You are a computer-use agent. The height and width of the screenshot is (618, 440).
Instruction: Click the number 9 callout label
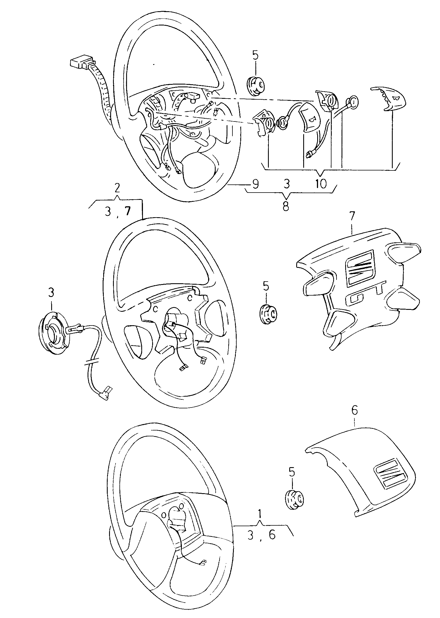(255, 184)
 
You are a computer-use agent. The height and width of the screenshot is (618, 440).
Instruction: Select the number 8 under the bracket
(286, 207)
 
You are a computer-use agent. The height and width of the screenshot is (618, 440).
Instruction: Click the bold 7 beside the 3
(127, 212)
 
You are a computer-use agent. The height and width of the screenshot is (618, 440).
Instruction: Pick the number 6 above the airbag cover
(354, 411)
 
